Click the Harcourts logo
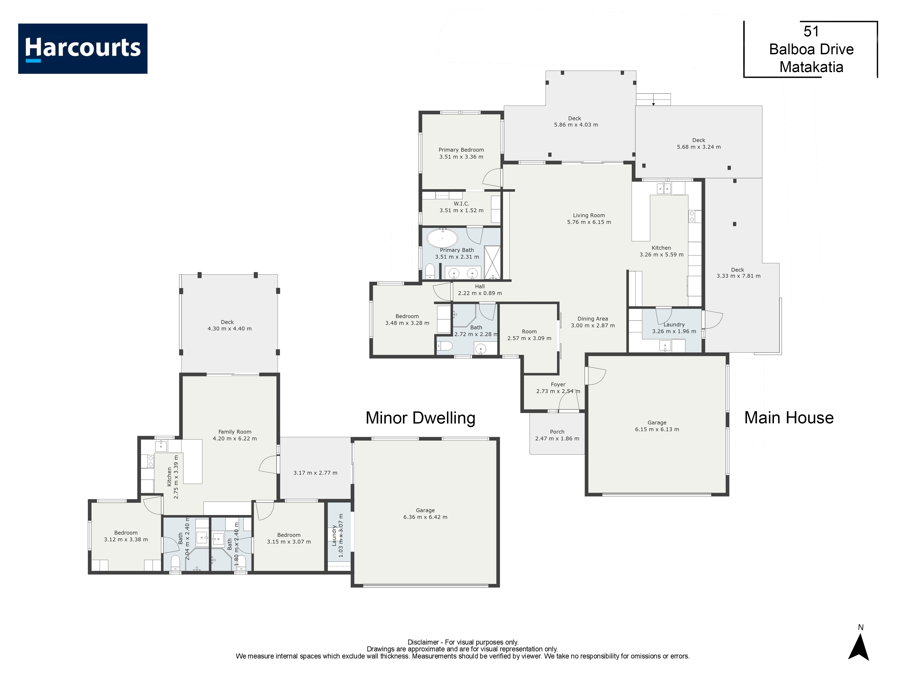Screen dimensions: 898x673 [83, 49]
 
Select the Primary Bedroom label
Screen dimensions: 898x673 [461, 150]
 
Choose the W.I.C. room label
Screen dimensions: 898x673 [462, 204]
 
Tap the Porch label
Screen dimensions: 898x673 [557, 432]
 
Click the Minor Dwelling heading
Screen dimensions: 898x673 [420, 418]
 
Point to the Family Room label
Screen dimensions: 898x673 [235, 432]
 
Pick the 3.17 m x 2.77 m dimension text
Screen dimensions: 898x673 [315, 473]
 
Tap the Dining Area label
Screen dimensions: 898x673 [593, 319]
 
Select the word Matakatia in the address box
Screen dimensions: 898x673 [811, 67]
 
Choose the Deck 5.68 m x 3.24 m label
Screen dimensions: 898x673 [699, 144]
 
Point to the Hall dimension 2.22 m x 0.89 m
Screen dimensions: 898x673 [480, 293]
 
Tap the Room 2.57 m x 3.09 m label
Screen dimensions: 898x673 [529, 335]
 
